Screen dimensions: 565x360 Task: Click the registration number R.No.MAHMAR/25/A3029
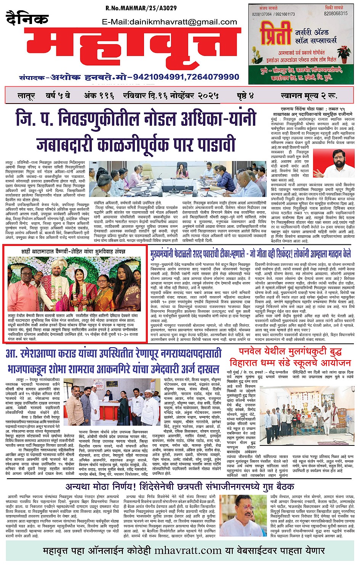(x=141, y=8)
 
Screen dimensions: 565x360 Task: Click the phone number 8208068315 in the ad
(x=336, y=13)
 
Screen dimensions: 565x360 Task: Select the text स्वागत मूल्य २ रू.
(x=308, y=96)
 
